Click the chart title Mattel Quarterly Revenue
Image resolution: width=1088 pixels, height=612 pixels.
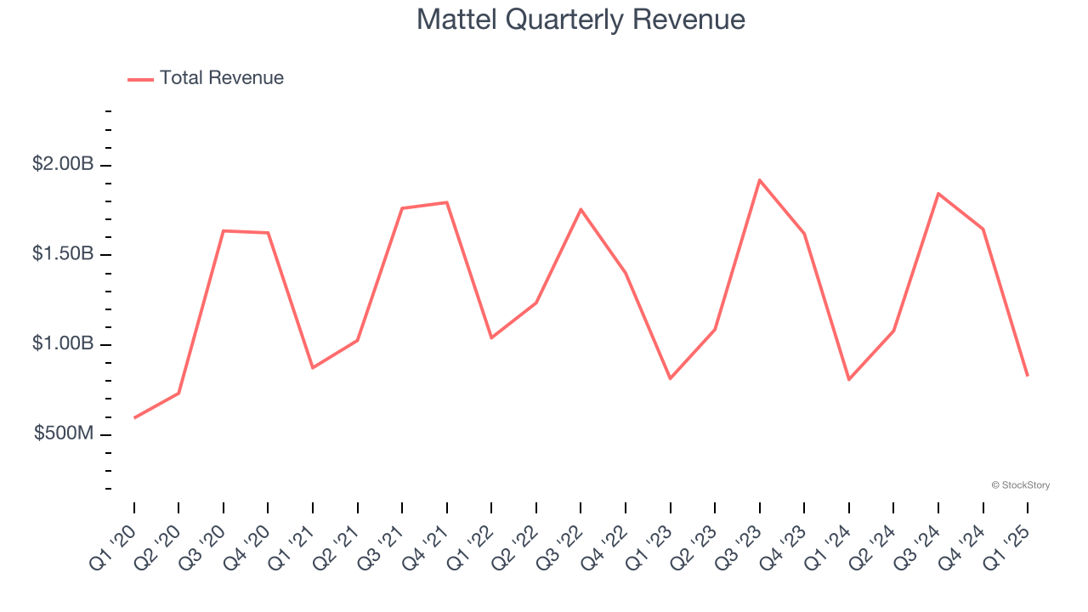581,20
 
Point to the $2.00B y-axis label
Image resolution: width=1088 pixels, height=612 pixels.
63,164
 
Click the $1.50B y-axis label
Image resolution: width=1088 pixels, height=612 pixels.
63,254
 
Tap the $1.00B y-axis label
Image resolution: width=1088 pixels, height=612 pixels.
63,344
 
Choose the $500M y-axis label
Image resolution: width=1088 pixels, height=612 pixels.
64,433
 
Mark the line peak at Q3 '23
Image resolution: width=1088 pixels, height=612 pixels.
759,180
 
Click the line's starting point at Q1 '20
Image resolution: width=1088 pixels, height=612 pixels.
134,417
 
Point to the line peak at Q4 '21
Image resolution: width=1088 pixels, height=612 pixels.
446,202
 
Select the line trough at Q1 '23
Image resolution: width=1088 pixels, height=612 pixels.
670,378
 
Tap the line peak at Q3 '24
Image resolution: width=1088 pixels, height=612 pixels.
938,194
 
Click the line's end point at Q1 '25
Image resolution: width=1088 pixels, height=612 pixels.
1028,375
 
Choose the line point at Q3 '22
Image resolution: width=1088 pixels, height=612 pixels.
581,209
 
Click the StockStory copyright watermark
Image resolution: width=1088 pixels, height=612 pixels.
1020,485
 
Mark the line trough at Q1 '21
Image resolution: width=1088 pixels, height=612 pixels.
313,367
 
